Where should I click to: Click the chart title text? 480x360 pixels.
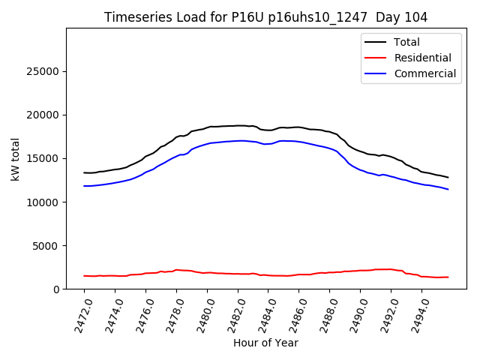265,17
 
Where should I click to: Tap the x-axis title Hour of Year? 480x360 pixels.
265,343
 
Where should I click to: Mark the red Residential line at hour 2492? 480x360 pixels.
391,269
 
